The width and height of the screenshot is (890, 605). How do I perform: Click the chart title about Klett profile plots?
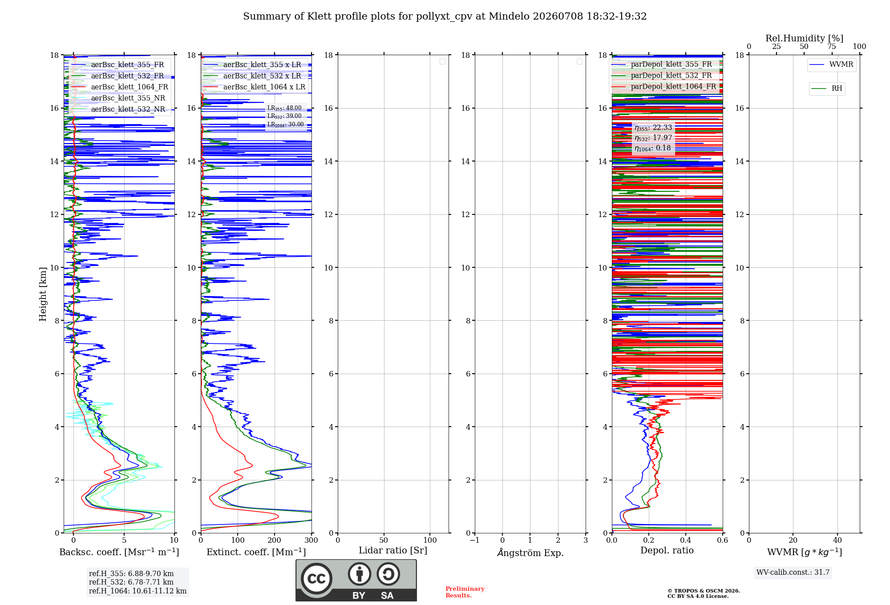coord(445,16)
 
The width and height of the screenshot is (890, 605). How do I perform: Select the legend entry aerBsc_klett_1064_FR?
coord(129,87)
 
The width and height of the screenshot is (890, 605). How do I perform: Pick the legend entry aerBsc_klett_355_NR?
coord(128,98)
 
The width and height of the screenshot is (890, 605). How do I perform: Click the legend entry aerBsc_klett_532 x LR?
coord(262,76)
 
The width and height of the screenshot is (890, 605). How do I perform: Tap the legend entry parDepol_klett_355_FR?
coord(671,65)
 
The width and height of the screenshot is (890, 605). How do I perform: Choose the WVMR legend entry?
coord(841,65)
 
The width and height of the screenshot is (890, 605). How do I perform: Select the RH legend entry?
coord(837,89)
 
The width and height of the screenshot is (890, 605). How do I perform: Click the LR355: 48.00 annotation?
coord(284,108)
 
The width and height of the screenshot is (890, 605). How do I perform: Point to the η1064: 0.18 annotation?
coord(653,148)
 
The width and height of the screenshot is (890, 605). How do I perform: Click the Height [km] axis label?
coord(43,294)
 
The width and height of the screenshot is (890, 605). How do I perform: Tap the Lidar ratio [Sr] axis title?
coord(393,551)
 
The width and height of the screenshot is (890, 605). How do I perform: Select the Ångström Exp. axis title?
coord(530,553)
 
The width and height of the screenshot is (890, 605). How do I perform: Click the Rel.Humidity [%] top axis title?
coord(805,38)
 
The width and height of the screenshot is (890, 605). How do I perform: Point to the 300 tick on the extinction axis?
coord(311,540)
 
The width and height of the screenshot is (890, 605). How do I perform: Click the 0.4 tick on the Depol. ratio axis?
coord(686,540)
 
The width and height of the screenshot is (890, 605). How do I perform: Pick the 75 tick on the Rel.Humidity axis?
coord(832,47)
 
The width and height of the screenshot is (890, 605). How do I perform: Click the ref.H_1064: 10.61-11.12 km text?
coord(138,591)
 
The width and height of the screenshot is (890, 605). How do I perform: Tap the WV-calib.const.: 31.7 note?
coord(793,573)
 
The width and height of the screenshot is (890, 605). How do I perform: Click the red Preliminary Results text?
coord(465,592)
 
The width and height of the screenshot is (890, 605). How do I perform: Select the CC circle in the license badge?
coord(316,579)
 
